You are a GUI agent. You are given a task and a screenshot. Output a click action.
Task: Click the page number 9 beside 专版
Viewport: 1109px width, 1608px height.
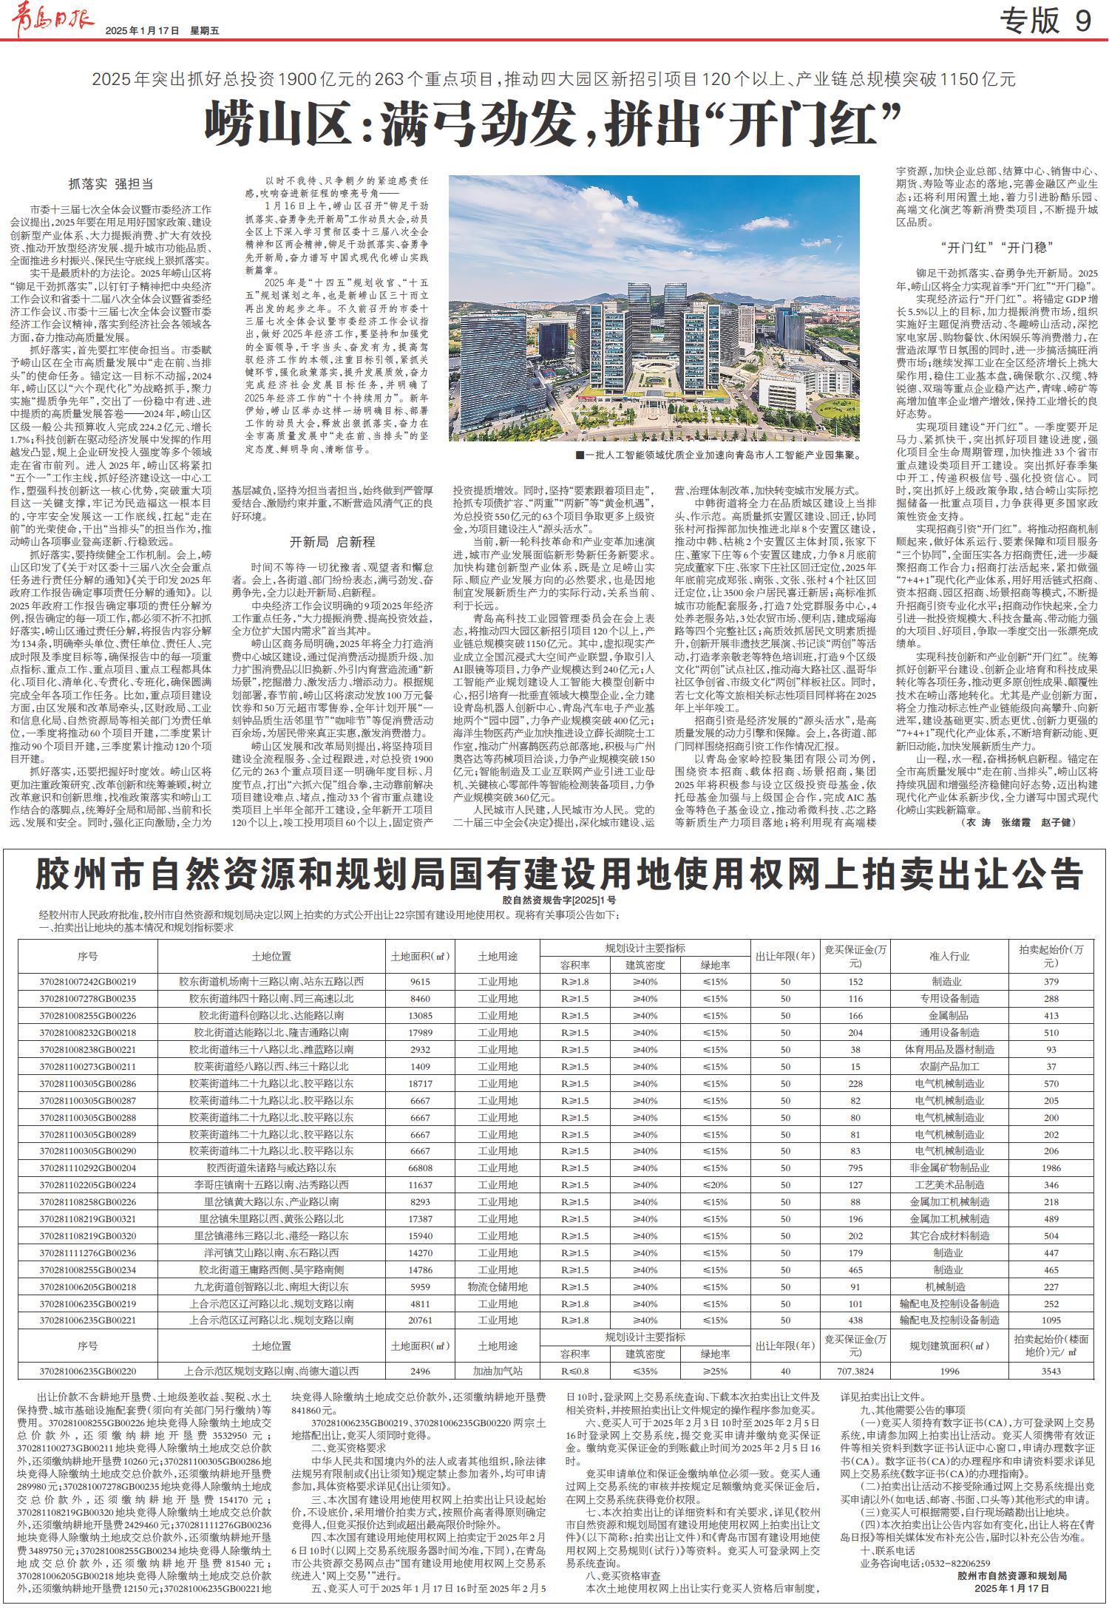coord(1082,21)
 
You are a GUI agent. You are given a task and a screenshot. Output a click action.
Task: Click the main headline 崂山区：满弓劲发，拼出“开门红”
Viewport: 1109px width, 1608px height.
coord(554,125)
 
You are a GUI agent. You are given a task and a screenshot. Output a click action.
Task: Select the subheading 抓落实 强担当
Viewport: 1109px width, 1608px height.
coord(111,184)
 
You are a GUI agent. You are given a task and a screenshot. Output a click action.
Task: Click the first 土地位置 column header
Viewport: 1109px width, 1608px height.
coord(271,956)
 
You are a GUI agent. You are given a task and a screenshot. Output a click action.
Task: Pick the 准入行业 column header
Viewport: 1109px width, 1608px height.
coord(949,956)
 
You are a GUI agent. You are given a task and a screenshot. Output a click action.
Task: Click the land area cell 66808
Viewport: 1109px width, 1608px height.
coord(421,1168)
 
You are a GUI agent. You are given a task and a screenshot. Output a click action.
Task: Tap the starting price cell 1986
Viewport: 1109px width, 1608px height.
coord(1051,1168)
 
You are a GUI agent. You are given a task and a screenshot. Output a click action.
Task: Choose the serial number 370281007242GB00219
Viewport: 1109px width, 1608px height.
coord(88,982)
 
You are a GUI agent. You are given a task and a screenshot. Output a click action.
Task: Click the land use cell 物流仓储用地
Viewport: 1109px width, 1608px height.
coord(498,1287)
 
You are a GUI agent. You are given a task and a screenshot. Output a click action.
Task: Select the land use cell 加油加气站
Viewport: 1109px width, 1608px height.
coord(498,1371)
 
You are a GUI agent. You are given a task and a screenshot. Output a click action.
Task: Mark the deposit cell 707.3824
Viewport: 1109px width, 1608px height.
coord(855,1371)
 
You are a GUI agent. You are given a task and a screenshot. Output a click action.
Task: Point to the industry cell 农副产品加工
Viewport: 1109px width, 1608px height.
coord(949,1067)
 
